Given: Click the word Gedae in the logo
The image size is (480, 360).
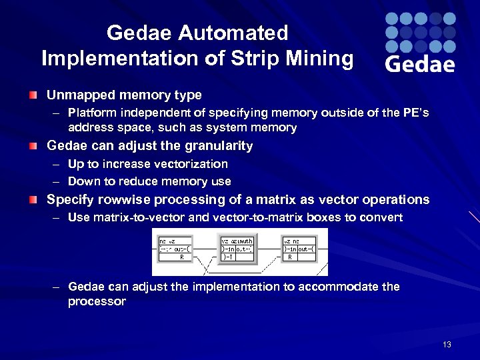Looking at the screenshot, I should [420, 63].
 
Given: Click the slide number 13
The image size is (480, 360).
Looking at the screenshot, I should [447, 345].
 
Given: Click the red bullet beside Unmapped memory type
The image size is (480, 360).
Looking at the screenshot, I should [33, 96].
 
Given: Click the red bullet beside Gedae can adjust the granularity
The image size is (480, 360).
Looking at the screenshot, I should [33, 146].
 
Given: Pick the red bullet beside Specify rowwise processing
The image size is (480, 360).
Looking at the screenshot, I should [33, 200].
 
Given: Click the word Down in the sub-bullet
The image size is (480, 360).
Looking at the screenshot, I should [83, 181].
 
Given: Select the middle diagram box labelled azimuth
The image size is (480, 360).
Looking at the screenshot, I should [239, 247].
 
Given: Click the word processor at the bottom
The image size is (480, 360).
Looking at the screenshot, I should [97, 301].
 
